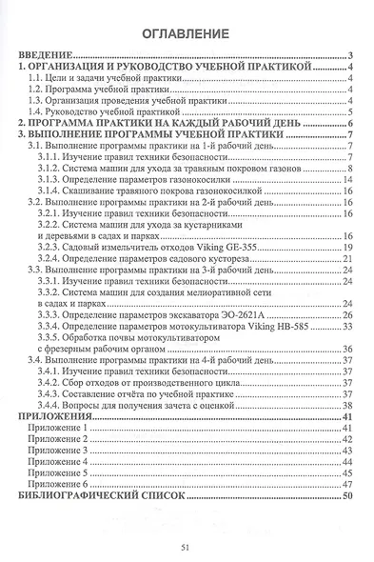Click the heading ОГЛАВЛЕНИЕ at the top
(x=186, y=34)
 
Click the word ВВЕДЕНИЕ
(x=49, y=57)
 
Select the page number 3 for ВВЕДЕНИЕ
(x=351, y=57)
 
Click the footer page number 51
(x=186, y=546)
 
